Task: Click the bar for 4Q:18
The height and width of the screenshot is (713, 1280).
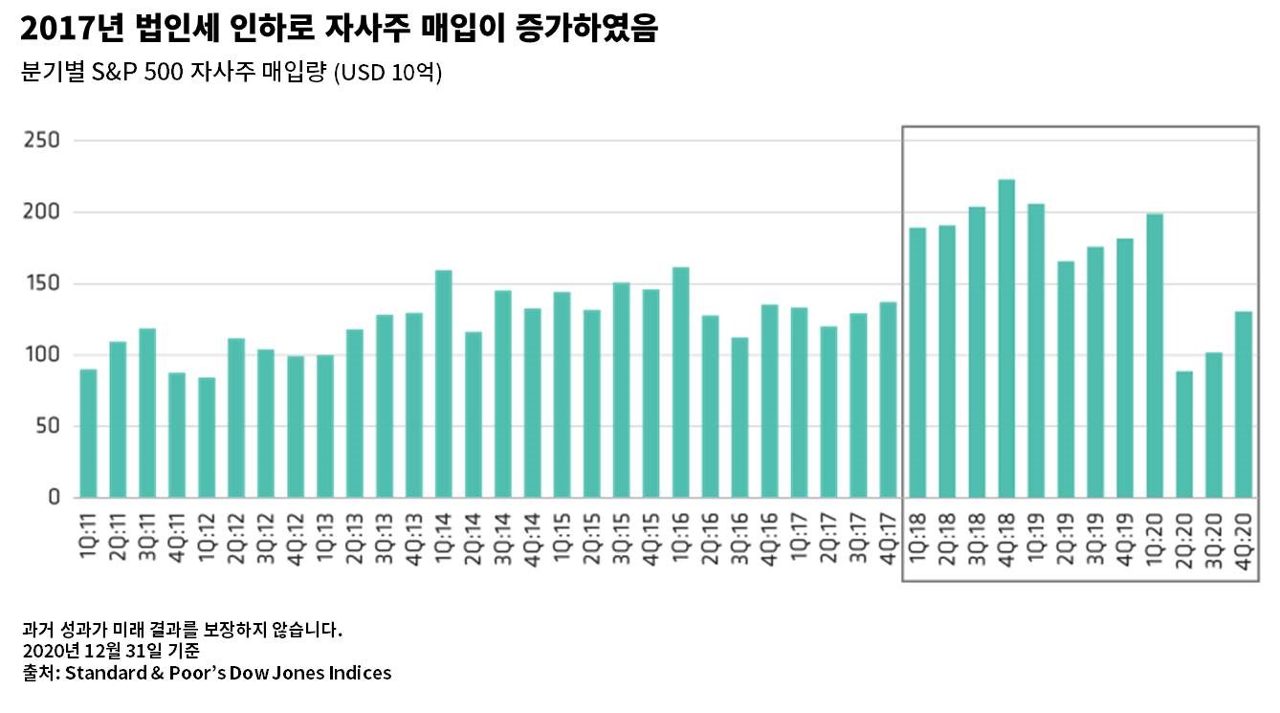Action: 1006,339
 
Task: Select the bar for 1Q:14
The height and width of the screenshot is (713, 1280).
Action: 444,384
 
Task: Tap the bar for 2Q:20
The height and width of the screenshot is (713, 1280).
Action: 1184,434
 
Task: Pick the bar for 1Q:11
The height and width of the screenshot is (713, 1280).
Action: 88,434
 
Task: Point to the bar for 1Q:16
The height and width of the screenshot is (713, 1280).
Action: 680,382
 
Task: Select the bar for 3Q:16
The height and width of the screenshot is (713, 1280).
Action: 739,417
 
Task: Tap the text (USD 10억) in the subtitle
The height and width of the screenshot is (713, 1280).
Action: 386,74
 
